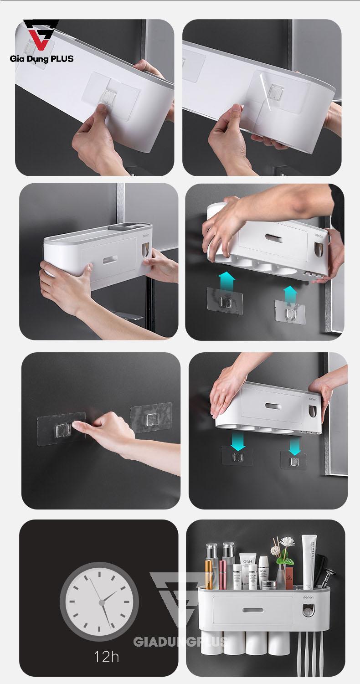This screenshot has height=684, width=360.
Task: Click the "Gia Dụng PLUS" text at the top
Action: point(41,58)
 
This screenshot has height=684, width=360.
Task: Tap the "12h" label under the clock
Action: point(106,657)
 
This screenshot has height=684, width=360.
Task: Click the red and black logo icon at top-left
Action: point(41,35)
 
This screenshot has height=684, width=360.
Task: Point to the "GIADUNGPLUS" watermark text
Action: point(180,642)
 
